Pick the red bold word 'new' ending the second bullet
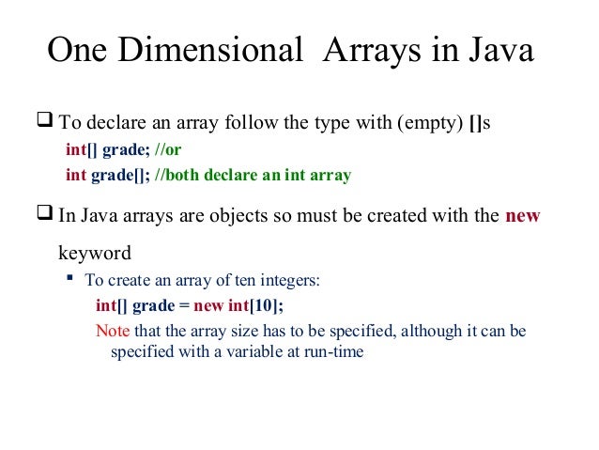coord(523,216)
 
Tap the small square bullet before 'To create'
coord(69,279)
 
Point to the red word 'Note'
coord(114,332)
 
